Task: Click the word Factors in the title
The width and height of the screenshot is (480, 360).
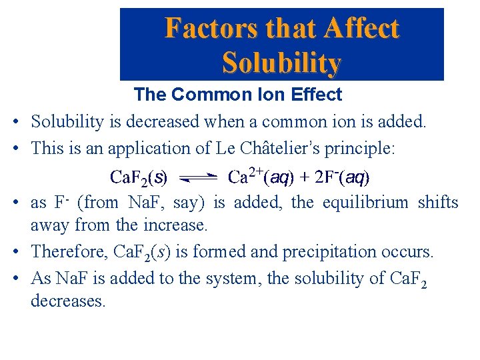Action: click(203, 29)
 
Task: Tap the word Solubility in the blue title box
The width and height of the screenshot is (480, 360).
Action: click(281, 63)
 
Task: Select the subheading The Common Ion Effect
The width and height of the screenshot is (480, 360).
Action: click(237, 95)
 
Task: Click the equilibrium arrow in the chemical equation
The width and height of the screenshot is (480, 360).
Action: click(199, 177)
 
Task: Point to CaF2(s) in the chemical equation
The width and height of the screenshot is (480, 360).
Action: click(139, 177)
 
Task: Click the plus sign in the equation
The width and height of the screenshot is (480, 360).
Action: click(301, 177)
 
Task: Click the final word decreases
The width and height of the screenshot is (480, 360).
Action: click(68, 301)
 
